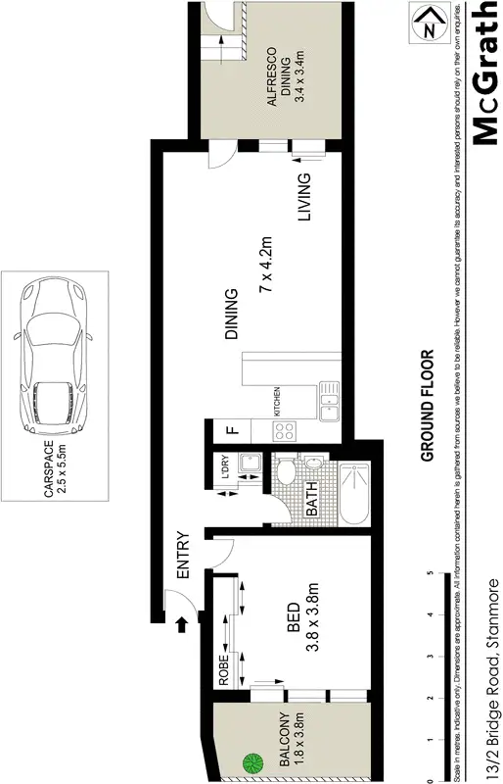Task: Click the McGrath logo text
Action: click(x=486, y=74)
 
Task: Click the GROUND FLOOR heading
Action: click(x=427, y=406)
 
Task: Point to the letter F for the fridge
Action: click(x=232, y=428)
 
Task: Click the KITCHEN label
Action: click(x=277, y=401)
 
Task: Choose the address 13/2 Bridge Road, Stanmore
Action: click(x=492, y=676)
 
